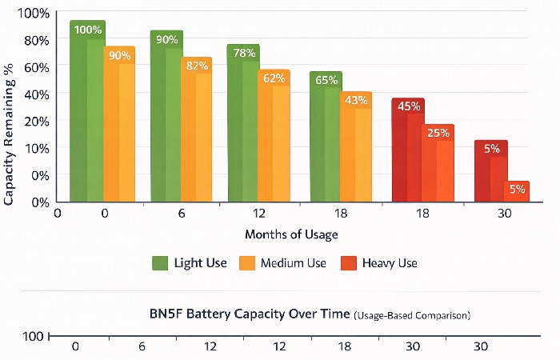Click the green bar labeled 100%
(x=87, y=112)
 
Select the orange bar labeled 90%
(x=119, y=124)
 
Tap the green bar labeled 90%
(x=166, y=117)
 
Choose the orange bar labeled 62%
(x=274, y=136)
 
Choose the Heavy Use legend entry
(x=380, y=263)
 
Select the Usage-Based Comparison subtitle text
(x=412, y=316)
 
